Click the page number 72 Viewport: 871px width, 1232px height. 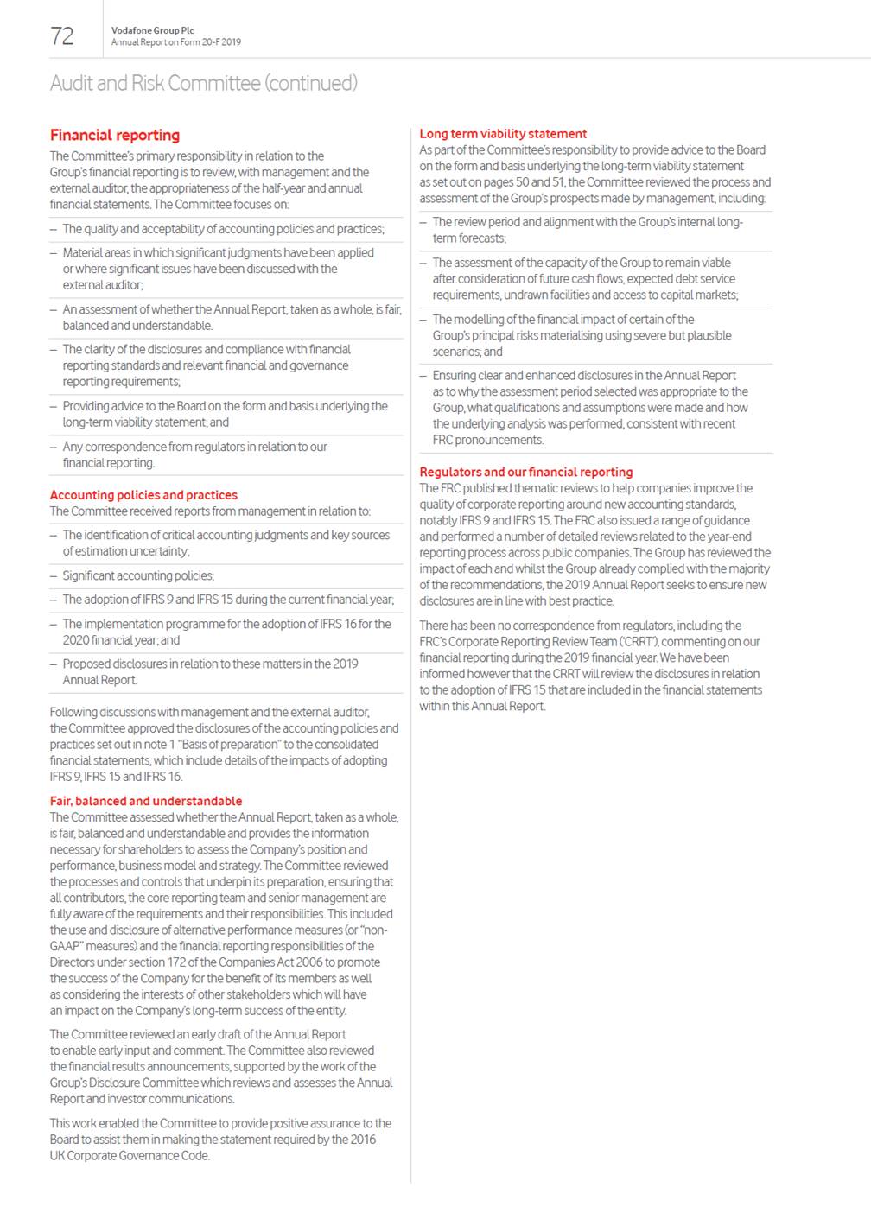(62, 35)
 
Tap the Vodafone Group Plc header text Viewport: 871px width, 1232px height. (152, 30)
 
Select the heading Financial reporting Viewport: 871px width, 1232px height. (115, 135)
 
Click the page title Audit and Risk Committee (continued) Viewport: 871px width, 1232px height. (203, 83)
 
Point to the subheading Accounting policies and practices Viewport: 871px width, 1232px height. (143, 495)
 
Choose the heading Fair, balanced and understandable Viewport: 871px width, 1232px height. (146, 801)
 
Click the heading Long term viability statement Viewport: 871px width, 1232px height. (503, 134)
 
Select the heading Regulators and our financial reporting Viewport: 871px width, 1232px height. (526, 472)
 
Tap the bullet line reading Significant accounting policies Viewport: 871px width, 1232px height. (138, 575)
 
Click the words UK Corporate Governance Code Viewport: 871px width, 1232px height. (130, 1156)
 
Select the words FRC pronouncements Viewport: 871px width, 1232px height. (488, 440)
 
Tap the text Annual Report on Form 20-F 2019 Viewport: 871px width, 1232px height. (176, 41)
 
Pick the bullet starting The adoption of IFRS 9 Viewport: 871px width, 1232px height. (228, 600)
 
